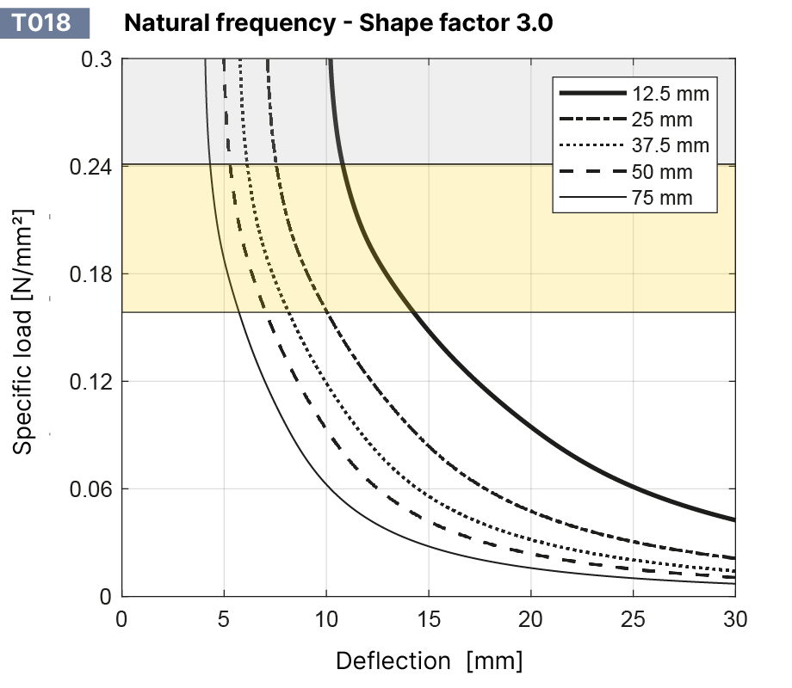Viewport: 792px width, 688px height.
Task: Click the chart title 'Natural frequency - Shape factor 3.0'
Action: [338, 22]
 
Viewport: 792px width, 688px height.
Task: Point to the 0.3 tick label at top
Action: [97, 60]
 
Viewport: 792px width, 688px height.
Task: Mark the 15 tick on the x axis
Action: [429, 618]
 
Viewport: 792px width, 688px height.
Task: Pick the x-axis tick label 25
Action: [633, 618]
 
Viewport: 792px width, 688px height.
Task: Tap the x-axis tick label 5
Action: [224, 618]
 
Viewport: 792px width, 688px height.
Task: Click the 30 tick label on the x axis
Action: [734, 618]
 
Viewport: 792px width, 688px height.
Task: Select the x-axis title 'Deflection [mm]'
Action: [429, 661]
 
